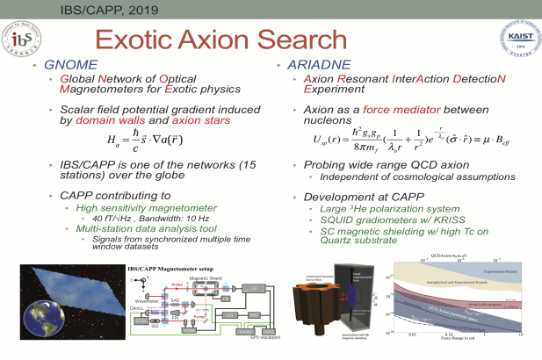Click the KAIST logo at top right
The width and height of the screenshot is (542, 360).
click(x=512, y=41)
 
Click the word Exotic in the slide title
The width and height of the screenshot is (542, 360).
click(x=144, y=40)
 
